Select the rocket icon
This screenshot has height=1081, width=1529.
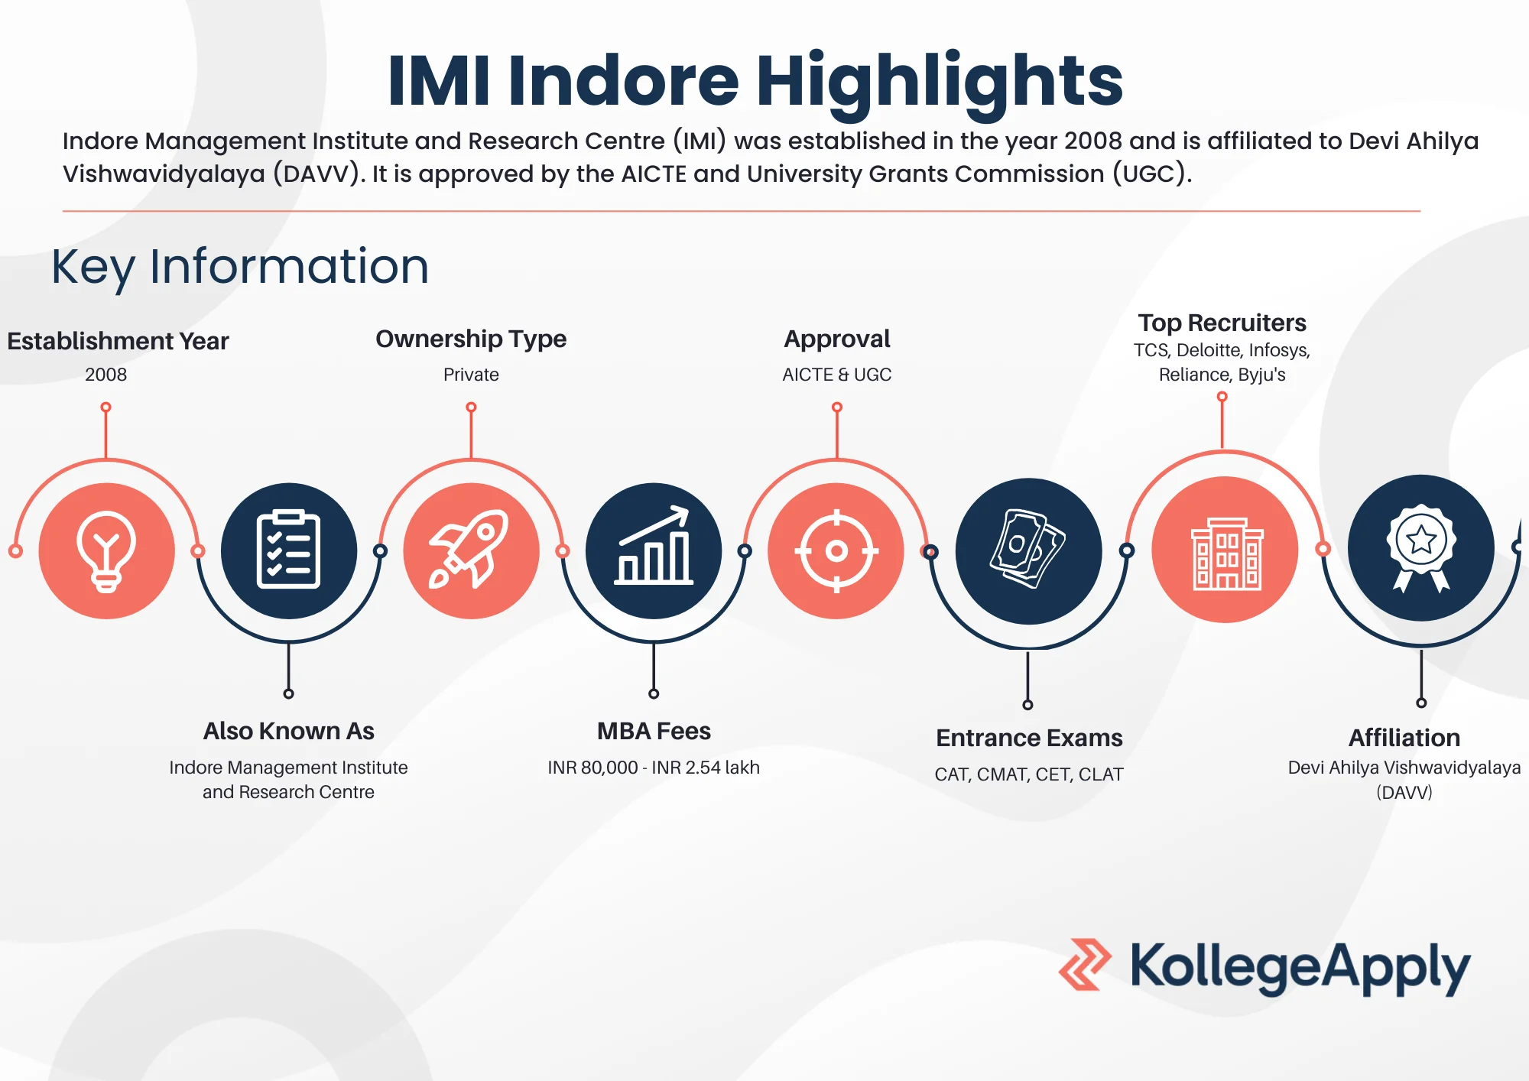[x=469, y=549]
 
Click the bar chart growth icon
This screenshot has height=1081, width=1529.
[x=654, y=546]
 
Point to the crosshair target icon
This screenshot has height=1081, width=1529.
[x=836, y=550]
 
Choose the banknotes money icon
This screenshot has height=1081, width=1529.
[x=1027, y=549]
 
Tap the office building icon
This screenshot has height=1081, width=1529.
[x=1227, y=553]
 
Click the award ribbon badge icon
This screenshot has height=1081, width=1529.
[x=1421, y=547]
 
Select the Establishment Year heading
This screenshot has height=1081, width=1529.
[x=118, y=341]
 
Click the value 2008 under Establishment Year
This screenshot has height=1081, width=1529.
[x=106, y=375]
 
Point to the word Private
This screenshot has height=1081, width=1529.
[x=471, y=375]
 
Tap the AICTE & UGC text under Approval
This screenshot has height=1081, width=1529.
[x=837, y=375]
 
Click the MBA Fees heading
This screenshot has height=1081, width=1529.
[x=654, y=732]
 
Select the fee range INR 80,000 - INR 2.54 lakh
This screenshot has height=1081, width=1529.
[x=654, y=768]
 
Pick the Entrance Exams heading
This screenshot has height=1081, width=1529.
[x=1029, y=738]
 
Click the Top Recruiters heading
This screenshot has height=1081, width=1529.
[x=1222, y=323]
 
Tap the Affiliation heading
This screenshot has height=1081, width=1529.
[x=1404, y=738]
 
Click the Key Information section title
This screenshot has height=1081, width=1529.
[x=240, y=267]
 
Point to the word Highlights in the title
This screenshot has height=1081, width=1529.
[x=940, y=82]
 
